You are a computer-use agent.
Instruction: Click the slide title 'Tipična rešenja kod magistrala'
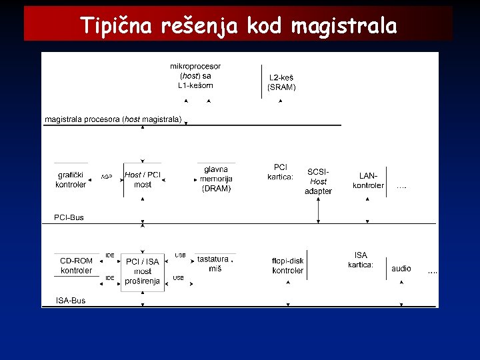point(239,26)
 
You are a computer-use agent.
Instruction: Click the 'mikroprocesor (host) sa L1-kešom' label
point(195,76)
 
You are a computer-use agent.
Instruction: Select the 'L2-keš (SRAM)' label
point(281,82)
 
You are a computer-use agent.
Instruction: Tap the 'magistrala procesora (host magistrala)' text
point(113,119)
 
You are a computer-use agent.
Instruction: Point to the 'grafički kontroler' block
point(71,180)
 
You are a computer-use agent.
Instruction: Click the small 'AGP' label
point(106,177)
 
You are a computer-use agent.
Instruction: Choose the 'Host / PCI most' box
point(143,179)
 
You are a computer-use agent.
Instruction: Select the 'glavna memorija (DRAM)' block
point(216,179)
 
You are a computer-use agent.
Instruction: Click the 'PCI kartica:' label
point(281,172)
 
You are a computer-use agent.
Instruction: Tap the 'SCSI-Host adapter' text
point(318,181)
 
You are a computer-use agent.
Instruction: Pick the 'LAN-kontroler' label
point(369,181)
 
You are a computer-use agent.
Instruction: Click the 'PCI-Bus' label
point(69,217)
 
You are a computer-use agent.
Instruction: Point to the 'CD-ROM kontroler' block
point(76,265)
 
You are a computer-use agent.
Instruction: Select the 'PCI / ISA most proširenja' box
point(143,271)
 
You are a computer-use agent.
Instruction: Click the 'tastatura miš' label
point(214,263)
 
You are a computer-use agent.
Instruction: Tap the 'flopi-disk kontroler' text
point(288,265)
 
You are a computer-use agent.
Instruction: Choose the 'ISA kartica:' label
point(361,260)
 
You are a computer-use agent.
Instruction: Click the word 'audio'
point(401,269)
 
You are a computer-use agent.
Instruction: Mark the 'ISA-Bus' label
point(70,301)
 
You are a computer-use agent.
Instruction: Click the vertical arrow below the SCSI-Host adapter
point(318,209)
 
